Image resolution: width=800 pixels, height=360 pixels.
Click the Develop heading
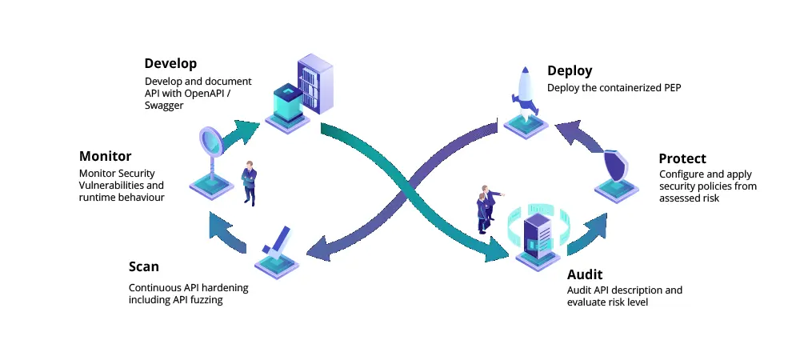click(170, 63)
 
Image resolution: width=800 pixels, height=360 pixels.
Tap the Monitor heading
click(105, 156)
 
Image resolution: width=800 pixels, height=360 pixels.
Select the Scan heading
click(144, 266)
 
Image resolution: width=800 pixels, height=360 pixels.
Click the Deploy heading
click(570, 71)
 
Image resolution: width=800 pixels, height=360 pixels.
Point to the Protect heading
click(682, 158)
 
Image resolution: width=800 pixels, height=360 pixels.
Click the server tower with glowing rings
click(537, 233)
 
